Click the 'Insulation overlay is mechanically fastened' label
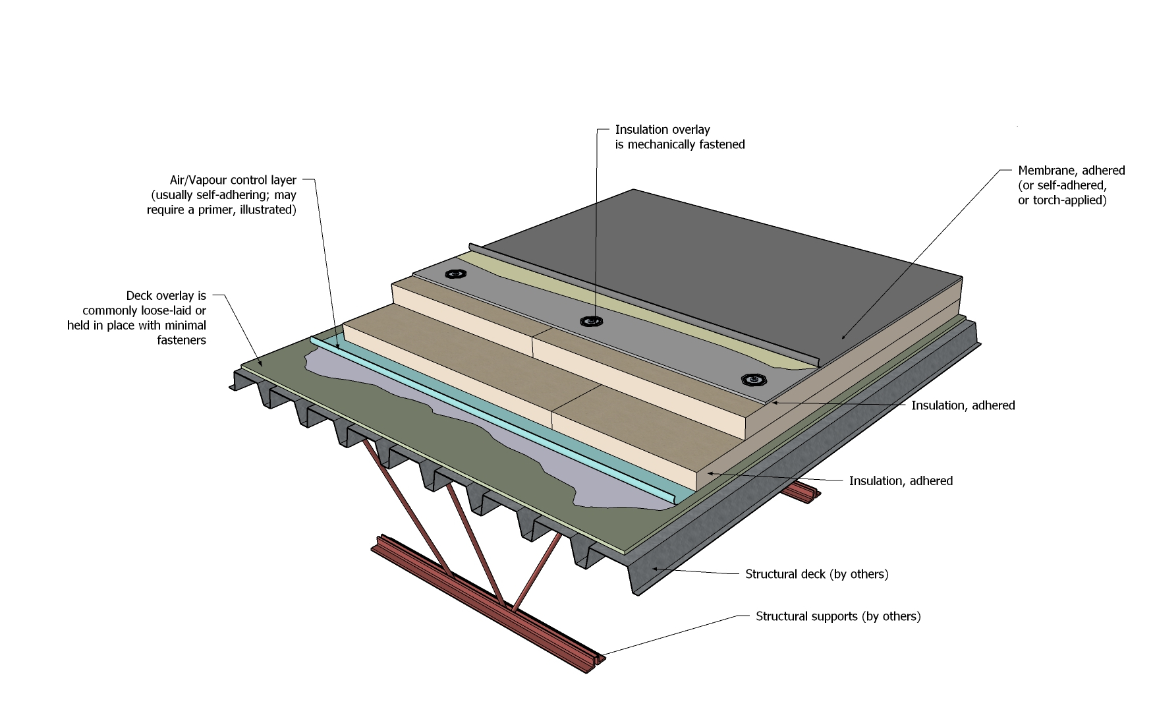click(679, 137)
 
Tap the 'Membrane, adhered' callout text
click(1071, 171)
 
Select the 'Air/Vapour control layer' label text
click(233, 180)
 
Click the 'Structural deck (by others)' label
click(816, 574)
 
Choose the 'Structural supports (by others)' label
click(837, 616)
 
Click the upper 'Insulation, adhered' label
click(963, 405)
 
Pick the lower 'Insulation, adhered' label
click(900, 481)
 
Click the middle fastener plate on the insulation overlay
click(591, 322)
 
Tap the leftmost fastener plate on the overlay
click(453, 274)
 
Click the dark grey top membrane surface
click(692, 264)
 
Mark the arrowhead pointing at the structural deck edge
click(653, 567)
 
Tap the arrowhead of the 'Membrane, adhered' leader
click(843, 338)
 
